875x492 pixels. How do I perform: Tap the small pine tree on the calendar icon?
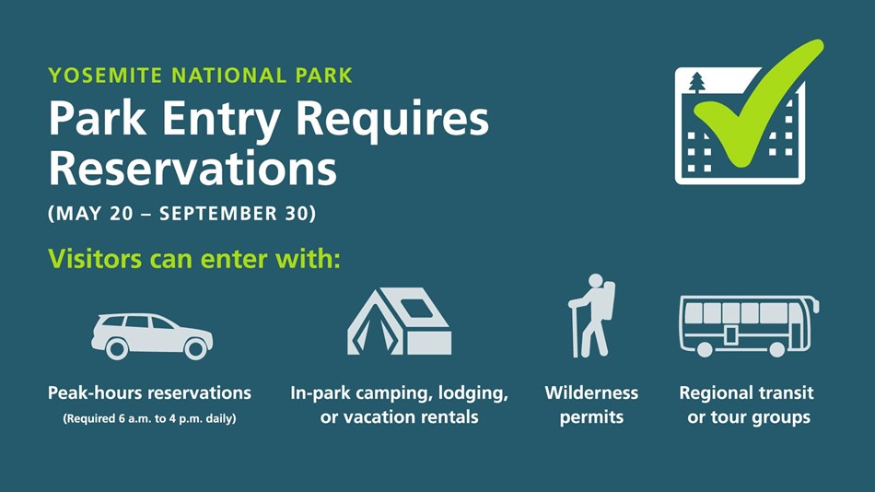(697, 83)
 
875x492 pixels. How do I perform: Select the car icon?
(152, 336)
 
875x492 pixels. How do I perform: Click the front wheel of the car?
(195, 349)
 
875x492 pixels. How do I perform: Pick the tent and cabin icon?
(399, 322)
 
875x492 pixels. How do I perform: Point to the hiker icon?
(591, 315)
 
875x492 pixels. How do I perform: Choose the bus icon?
(749, 326)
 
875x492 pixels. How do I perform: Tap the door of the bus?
(730, 335)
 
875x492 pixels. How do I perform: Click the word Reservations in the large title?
(192, 169)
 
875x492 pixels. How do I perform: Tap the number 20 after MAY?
(121, 214)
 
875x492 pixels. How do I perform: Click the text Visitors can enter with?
(194, 259)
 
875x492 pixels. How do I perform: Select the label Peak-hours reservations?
(149, 393)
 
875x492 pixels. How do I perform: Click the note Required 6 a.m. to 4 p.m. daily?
(149, 418)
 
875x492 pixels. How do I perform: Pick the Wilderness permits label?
(591, 404)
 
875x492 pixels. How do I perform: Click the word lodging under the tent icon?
(473, 393)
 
